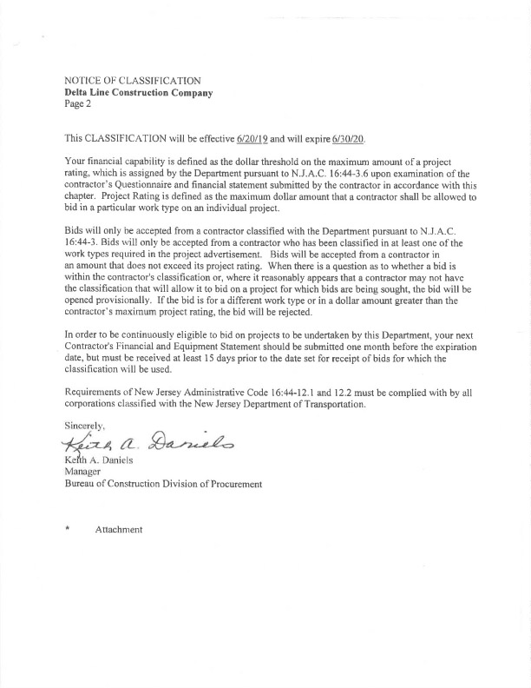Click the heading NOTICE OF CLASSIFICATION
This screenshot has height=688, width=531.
tap(133, 81)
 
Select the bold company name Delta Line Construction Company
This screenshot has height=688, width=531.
tap(139, 92)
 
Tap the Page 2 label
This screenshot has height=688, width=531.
tap(78, 103)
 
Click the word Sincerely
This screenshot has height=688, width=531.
tap(85, 426)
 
